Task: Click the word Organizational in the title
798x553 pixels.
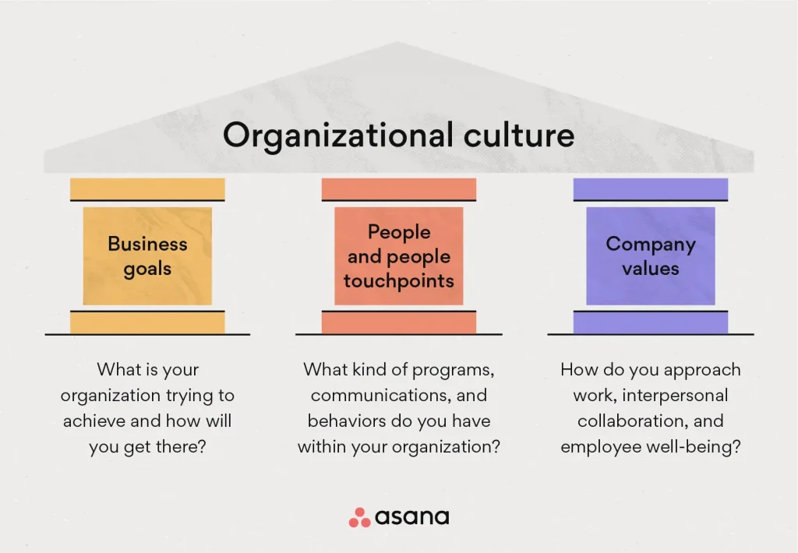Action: pos(338,136)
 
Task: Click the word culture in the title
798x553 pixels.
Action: pos(519,135)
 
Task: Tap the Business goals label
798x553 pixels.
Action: pos(147,256)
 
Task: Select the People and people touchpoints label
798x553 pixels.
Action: pos(399,256)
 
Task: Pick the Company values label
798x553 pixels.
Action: pos(651,256)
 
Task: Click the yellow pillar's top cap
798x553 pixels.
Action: pos(147,189)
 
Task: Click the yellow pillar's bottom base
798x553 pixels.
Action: pos(147,322)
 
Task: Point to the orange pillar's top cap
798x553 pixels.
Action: pos(399,189)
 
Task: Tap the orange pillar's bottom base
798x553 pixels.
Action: pos(399,322)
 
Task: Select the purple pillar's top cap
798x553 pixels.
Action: pos(651,189)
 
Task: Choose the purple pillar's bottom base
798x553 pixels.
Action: pos(651,322)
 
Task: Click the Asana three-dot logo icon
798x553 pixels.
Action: pos(360,518)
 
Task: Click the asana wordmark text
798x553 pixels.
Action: pos(412,517)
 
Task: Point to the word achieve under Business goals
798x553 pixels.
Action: pos(94,421)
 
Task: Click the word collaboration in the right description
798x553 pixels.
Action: pos(633,421)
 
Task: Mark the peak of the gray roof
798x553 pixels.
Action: pos(397,43)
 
